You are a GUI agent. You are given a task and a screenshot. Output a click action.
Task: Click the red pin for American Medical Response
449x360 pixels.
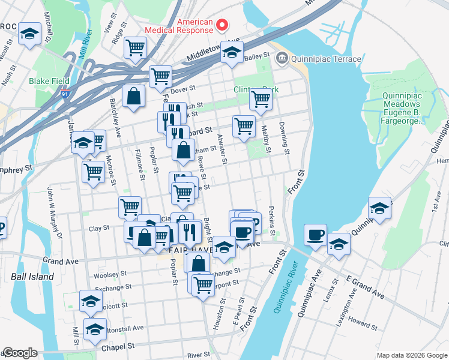(x=223, y=25)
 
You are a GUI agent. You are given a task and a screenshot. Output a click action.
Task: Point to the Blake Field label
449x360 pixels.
(x=49, y=81)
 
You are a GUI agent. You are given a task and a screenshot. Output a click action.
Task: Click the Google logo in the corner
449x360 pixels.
(x=20, y=353)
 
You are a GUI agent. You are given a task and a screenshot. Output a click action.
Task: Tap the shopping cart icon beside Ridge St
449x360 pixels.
(x=136, y=47)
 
